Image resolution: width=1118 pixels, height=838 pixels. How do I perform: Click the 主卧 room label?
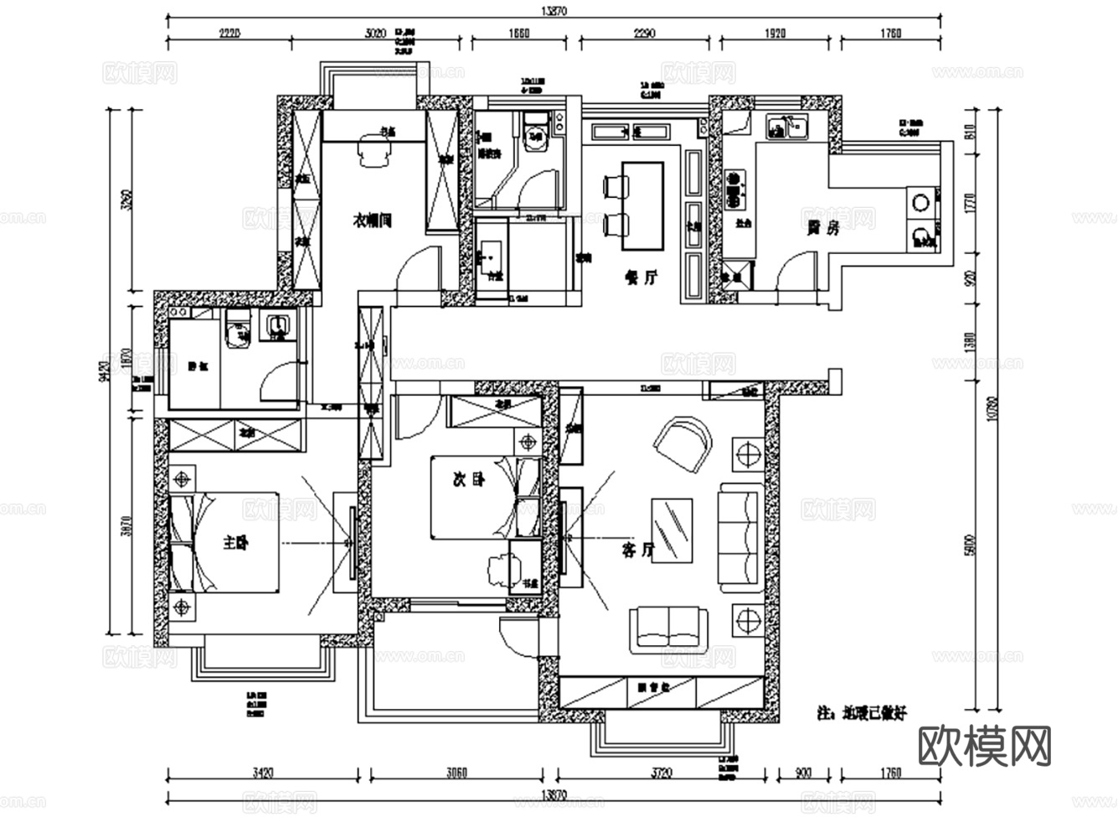(x=235, y=543)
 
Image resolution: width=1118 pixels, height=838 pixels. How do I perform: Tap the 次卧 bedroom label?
(x=468, y=480)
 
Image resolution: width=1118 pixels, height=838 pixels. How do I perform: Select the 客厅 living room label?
(x=638, y=550)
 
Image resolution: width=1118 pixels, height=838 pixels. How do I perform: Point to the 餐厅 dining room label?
(x=641, y=277)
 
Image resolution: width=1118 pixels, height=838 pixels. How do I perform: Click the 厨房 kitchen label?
(x=822, y=227)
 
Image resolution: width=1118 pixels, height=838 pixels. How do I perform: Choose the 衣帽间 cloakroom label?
(x=372, y=220)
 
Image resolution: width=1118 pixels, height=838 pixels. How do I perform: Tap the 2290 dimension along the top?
(x=644, y=34)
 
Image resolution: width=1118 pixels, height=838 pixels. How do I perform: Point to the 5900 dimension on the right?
(x=970, y=545)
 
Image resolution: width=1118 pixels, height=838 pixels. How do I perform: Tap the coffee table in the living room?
(x=671, y=530)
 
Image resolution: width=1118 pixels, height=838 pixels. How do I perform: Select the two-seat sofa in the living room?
(x=669, y=628)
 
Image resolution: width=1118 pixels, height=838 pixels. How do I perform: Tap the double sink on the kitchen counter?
(x=786, y=127)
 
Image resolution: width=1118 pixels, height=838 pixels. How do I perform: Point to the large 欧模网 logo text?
(x=985, y=745)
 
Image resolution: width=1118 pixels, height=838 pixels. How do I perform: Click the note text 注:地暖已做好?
(x=862, y=713)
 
